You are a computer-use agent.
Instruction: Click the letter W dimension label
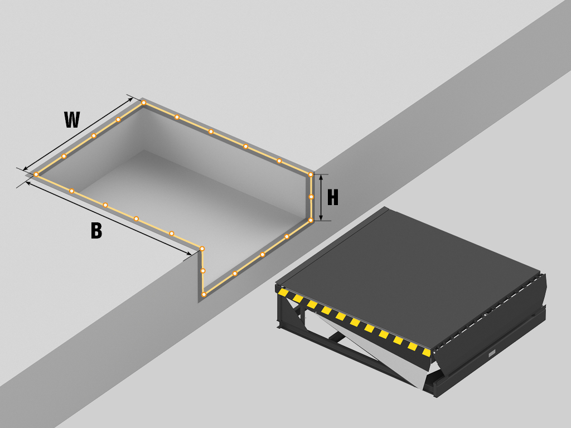[x=72, y=120]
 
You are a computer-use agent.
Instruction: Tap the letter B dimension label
[x=96, y=231]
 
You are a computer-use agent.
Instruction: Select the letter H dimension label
[x=333, y=198]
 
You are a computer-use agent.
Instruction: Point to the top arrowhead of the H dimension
[x=321, y=178]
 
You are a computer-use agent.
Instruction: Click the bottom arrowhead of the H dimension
[x=321, y=217]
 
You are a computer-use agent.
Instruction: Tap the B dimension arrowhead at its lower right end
[x=188, y=254]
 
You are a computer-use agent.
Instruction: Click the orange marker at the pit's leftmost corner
[x=36, y=174]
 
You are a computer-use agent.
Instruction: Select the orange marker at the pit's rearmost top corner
[x=144, y=103]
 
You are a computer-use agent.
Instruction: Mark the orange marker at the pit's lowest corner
[x=204, y=294]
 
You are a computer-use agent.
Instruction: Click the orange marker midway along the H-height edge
[x=311, y=197]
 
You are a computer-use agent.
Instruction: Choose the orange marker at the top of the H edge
[x=311, y=174]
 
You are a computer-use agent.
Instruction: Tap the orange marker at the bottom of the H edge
[x=311, y=220]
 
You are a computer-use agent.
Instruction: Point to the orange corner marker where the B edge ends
[x=202, y=249]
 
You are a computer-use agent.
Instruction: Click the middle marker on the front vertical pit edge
[x=203, y=271]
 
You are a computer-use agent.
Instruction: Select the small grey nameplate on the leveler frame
[x=492, y=353]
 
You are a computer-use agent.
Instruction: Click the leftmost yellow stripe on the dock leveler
[x=283, y=292]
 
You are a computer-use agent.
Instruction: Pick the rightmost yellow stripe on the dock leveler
[x=427, y=352]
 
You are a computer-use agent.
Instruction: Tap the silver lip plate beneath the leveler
[x=368, y=349]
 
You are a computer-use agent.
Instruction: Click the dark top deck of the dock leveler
[x=408, y=276]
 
